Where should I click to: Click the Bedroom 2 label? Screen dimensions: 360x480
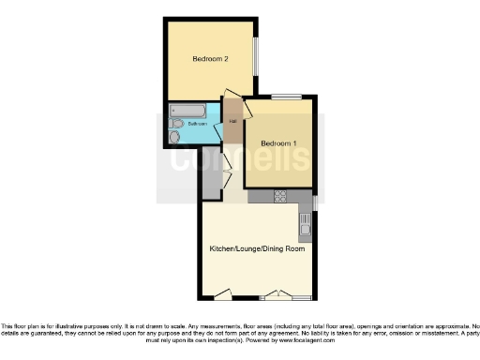click(211, 59)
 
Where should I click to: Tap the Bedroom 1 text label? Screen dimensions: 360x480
click(278, 142)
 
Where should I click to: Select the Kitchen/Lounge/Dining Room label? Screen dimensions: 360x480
click(258, 248)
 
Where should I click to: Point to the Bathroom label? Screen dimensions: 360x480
click(197, 124)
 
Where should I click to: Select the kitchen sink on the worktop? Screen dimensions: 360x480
click(304, 225)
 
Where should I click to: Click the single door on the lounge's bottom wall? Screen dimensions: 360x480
click(221, 296)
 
